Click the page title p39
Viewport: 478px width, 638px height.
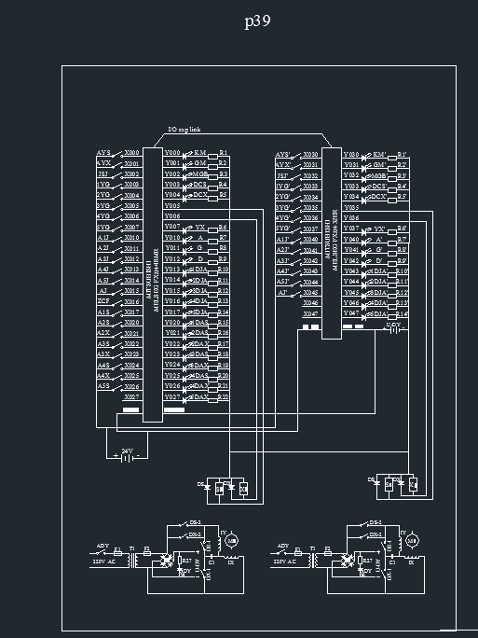point(257,22)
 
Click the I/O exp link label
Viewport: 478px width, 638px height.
point(184,130)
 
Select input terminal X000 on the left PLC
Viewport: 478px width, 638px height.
point(132,152)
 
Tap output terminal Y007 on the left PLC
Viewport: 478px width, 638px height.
point(172,227)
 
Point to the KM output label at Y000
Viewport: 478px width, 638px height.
point(200,152)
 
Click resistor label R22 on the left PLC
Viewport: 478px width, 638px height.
point(223,397)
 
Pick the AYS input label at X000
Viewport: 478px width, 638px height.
point(103,152)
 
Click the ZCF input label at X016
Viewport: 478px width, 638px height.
point(103,301)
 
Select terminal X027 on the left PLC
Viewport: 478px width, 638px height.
point(132,397)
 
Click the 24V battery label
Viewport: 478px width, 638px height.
point(128,451)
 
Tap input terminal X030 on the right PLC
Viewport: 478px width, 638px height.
point(310,154)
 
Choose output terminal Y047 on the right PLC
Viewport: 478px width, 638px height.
point(351,313)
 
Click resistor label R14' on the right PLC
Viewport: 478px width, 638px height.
point(402,313)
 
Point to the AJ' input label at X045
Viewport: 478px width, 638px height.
point(282,293)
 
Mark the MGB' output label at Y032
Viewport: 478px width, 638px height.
point(379,175)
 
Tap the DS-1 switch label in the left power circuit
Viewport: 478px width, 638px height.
point(194,522)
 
